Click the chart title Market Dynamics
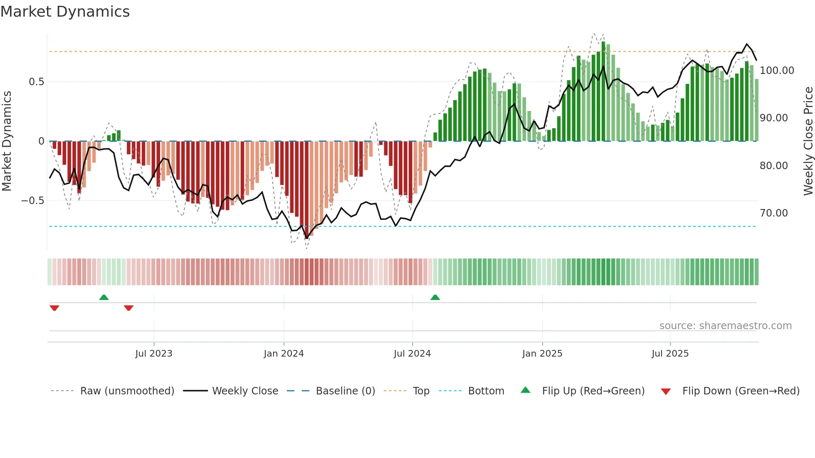coord(65,12)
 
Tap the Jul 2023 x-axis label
coord(153,354)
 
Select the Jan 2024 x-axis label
coord(284,354)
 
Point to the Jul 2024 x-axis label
coord(412,354)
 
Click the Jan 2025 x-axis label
coord(542,354)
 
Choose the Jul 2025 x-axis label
coord(670,354)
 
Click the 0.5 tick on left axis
coord(36,82)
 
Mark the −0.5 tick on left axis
coord(33,201)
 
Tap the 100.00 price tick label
coord(777,71)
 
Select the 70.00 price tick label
coord(774,213)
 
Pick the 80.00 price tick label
coord(774,166)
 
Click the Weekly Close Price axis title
coord(808,141)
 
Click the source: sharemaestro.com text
coord(725,326)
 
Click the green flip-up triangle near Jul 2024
coord(435,298)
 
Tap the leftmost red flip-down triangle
coord(54,308)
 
